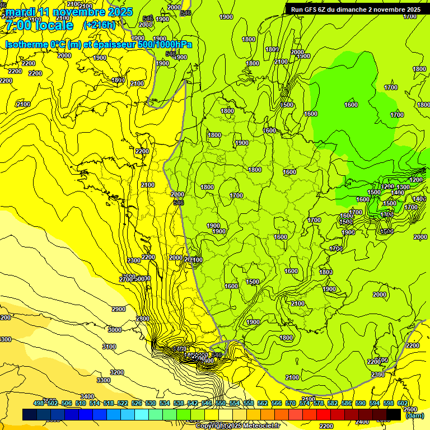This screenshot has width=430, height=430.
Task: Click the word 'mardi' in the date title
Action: pos(20,12)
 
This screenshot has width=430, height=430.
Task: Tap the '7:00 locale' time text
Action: pos(39,26)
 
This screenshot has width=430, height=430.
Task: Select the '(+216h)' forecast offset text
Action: pos(99,25)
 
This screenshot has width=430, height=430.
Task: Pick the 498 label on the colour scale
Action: pos(39,403)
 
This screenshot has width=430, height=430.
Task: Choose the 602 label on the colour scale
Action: pos(403,403)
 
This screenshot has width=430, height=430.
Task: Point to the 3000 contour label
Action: pos(114,330)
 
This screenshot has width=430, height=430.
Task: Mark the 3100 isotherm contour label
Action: pos(109,347)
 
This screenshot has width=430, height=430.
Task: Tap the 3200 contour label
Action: pos(116,372)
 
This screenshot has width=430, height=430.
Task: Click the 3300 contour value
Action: pos(104,380)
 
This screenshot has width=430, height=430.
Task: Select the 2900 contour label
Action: pos(119,309)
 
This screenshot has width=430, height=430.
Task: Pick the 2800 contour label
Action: pos(143,319)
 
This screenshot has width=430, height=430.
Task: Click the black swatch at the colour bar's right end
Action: pos(394,414)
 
